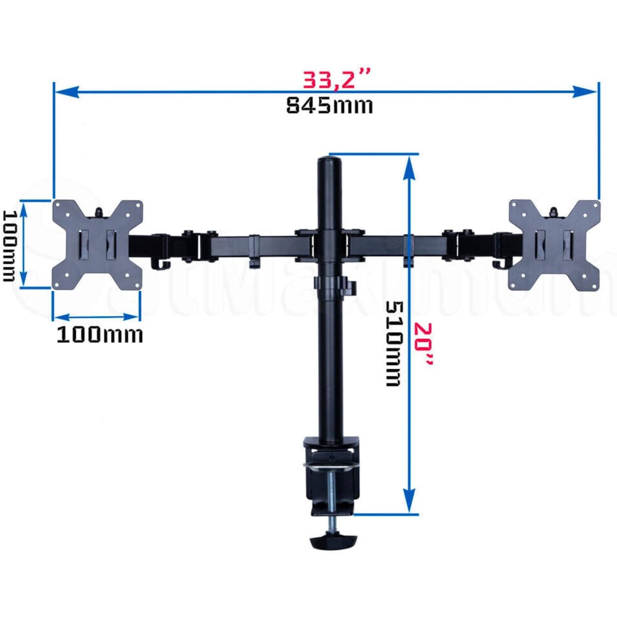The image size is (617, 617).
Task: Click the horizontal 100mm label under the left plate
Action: click(x=100, y=336)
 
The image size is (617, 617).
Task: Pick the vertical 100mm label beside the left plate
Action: click(x=9, y=245)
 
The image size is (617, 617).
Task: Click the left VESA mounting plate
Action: click(x=97, y=245)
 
